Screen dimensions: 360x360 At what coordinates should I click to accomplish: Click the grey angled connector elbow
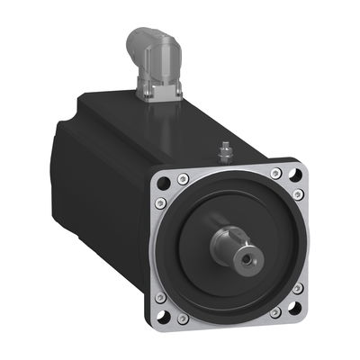pos(148,49)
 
